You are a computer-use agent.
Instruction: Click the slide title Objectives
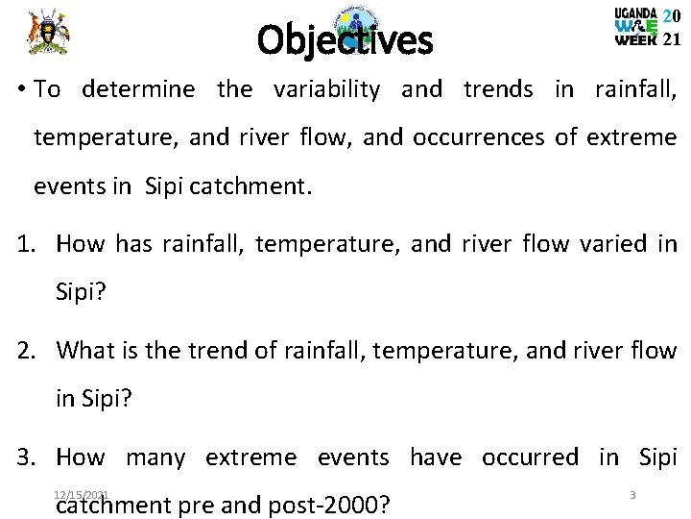[x=345, y=40]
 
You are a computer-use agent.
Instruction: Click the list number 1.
[x=26, y=243]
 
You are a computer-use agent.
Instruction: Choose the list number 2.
[x=26, y=349]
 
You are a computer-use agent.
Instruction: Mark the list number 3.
[x=26, y=456]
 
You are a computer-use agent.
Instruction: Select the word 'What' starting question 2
[x=84, y=349]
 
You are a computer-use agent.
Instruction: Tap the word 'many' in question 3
[x=155, y=456]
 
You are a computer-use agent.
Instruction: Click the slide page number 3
[x=632, y=494]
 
